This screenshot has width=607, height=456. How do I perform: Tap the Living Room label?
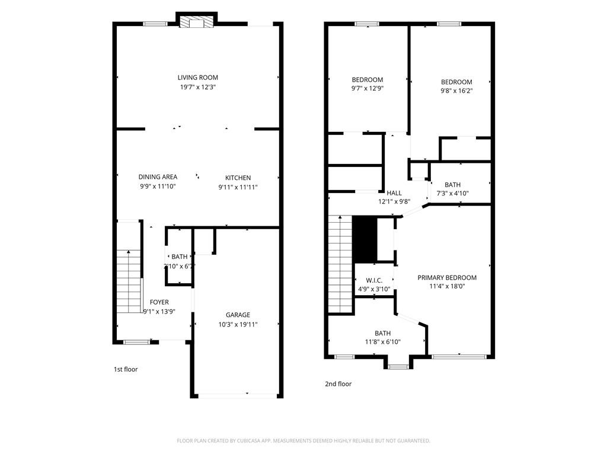197,78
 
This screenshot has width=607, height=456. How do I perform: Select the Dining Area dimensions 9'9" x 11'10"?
158,186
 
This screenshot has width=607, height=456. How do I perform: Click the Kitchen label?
238,178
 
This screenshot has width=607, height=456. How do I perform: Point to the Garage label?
238,315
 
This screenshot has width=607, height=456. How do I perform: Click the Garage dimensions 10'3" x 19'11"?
238,324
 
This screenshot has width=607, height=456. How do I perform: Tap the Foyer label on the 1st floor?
159,302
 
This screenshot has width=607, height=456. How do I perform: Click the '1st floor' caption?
126,369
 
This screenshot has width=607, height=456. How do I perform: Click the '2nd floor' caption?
338,384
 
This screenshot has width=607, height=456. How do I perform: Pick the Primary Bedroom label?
447,277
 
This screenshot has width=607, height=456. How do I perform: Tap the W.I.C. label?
374,280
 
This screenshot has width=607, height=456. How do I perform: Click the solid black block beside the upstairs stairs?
365,239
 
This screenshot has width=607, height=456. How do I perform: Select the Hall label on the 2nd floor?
394,193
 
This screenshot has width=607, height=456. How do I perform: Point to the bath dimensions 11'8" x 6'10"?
382,343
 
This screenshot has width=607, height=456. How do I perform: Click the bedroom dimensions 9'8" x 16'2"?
456,91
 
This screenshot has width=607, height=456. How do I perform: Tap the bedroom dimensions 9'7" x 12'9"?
368,89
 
